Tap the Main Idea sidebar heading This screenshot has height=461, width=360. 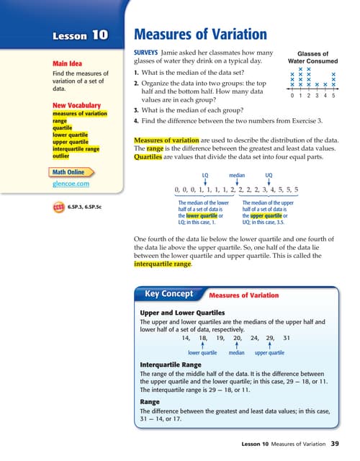(67, 63)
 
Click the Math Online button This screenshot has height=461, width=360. (72, 172)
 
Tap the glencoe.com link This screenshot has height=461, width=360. (71, 185)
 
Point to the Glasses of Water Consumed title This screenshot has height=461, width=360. (312, 58)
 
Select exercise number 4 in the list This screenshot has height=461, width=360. (136, 120)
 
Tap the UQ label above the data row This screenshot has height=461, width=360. (269, 175)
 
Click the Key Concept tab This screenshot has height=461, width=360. (169, 295)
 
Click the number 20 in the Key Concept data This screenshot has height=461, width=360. (237, 337)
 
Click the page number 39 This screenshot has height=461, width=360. (334, 443)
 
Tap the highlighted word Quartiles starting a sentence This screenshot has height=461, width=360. (151, 158)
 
